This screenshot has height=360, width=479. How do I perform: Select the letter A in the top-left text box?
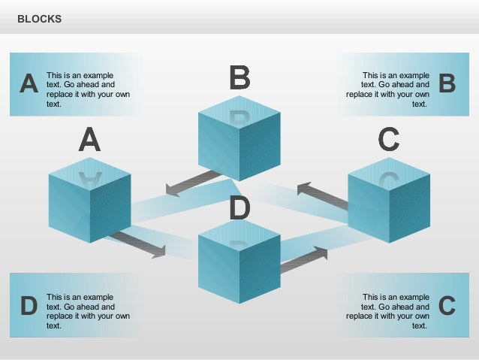[x=28, y=84]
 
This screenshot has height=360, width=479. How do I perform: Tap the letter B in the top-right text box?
[x=447, y=84]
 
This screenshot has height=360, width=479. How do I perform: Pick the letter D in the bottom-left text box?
[x=28, y=306]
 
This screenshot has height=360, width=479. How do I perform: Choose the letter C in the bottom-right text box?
[x=447, y=306]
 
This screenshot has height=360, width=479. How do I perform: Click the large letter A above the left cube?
[x=89, y=140]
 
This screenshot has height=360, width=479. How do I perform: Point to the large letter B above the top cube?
[x=239, y=77]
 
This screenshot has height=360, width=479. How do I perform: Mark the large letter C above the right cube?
[x=388, y=140]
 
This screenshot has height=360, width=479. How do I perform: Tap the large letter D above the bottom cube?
[x=239, y=208]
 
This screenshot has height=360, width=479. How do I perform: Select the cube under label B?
[x=239, y=142]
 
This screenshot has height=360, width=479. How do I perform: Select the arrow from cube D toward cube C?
[x=303, y=259]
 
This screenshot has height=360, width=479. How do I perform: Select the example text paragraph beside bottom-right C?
[x=388, y=311]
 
